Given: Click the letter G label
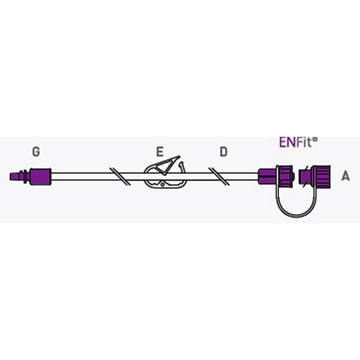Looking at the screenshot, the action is (x=36, y=152).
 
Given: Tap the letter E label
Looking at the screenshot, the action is (x=160, y=152).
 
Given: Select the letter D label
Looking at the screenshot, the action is (x=224, y=152).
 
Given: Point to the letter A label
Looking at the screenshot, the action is (x=346, y=176).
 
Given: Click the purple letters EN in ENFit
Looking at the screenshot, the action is (x=287, y=142).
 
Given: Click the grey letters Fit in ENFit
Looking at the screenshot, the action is (x=304, y=142).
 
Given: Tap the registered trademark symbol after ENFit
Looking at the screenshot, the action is (x=315, y=139).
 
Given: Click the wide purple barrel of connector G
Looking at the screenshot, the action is (x=40, y=176).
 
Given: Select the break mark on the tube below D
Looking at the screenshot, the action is (x=219, y=176).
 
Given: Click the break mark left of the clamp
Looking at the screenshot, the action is (x=120, y=176).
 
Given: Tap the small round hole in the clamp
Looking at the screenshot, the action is (x=163, y=185).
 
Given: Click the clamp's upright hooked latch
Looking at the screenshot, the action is (x=182, y=167).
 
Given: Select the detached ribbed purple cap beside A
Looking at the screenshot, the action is (x=314, y=176).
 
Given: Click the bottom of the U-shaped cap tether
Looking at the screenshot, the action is (x=296, y=217).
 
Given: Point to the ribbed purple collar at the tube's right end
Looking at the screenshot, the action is (x=286, y=176).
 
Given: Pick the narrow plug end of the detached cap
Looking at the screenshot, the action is (x=304, y=176).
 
